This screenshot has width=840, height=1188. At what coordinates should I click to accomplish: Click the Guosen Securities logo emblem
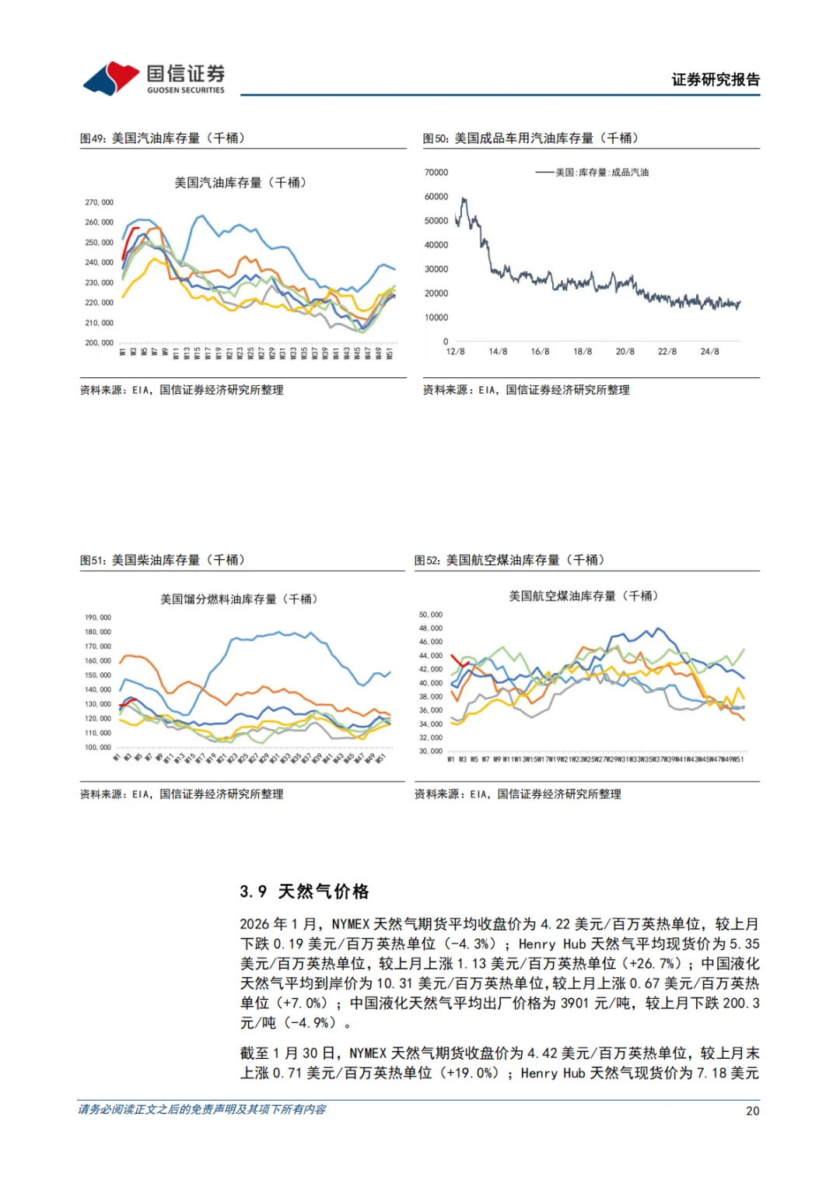pyautogui.click(x=111, y=78)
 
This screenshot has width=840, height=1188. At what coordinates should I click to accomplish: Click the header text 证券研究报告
pyautogui.click(x=715, y=79)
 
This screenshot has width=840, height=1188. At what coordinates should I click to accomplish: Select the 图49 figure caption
pyautogui.click(x=163, y=138)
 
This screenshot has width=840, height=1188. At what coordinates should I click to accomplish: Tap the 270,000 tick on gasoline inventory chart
pyautogui.click(x=99, y=202)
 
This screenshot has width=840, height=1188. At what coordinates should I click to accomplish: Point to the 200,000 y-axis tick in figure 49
pyautogui.click(x=99, y=342)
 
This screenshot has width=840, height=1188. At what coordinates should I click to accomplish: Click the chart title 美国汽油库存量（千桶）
pyautogui.click(x=240, y=182)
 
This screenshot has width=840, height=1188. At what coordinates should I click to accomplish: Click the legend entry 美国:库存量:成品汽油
pyautogui.click(x=601, y=173)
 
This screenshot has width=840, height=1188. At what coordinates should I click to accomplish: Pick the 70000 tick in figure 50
pyautogui.click(x=436, y=173)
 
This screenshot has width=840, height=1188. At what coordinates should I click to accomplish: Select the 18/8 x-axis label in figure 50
pyautogui.click(x=583, y=352)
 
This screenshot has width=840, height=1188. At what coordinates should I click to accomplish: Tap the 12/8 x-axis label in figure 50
pyautogui.click(x=455, y=352)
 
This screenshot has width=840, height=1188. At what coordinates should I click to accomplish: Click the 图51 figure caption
pyautogui.click(x=163, y=560)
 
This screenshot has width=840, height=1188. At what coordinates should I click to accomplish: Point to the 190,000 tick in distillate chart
pyautogui.click(x=98, y=618)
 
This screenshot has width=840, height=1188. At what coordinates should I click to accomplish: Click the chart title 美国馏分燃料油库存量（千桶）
pyautogui.click(x=239, y=599)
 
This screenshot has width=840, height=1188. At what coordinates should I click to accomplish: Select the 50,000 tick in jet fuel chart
pyautogui.click(x=430, y=615)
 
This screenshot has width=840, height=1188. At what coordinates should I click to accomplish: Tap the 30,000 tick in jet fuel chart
pyautogui.click(x=430, y=752)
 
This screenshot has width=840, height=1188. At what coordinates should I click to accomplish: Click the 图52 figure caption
pyautogui.click(x=509, y=560)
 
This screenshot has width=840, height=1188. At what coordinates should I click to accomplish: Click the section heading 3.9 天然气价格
pyautogui.click(x=304, y=892)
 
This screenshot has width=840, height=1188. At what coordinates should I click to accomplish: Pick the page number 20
pyautogui.click(x=752, y=1111)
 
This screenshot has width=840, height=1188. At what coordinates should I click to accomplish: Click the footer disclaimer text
pyautogui.click(x=202, y=1109)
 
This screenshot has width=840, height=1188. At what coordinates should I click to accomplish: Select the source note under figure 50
pyautogui.click(x=526, y=390)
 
